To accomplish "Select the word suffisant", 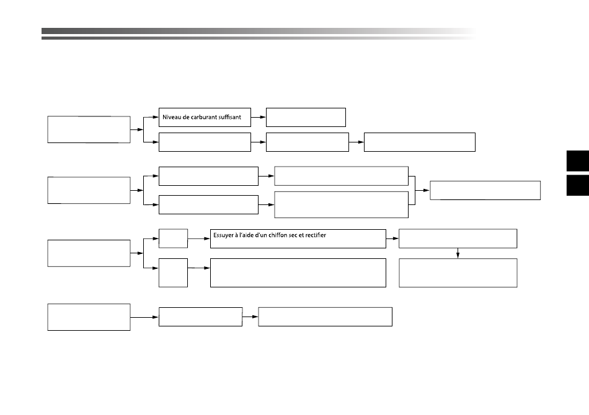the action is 230,117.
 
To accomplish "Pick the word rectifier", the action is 316,235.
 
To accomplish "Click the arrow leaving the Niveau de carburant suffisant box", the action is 258,117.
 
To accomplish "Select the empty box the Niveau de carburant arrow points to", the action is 306,118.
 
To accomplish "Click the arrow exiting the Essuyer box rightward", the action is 392,238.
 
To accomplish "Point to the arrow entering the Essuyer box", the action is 199,238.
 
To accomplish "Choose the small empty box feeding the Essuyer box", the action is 173,238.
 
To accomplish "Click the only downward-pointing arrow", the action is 458,253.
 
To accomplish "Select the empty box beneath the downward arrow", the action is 458,273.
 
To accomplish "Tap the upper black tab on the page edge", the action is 578,160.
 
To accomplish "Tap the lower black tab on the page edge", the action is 578,185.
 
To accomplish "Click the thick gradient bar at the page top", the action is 259,31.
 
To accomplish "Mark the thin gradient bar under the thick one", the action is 259,38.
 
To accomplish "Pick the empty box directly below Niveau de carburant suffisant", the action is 205,142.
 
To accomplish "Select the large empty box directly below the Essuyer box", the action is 298,273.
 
